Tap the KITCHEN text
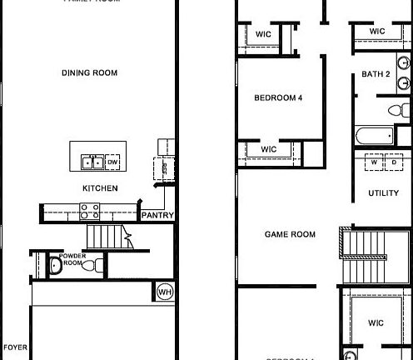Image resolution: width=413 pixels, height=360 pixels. tap(99, 188)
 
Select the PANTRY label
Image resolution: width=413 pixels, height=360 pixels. tap(157, 215)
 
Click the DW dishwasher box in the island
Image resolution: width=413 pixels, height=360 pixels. tap(112, 162)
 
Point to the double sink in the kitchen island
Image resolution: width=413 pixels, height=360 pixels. tap(92, 162)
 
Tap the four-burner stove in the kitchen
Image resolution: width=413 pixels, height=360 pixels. tap(90, 211)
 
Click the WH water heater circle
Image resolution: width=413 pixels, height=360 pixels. tap(164, 292)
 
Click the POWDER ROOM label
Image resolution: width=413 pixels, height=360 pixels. tap(72, 259)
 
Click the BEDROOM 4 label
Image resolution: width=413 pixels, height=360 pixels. tap(278, 98)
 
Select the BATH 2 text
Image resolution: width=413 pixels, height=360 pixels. tap(376, 75)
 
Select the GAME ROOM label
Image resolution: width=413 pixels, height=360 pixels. tap(290, 235)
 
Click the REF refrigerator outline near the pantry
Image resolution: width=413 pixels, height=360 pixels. tap(165, 166)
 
